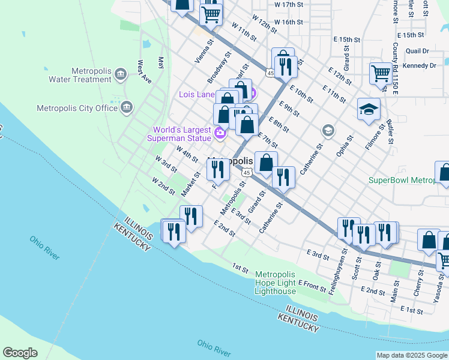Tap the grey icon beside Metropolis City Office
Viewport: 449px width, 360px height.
coord(127,107)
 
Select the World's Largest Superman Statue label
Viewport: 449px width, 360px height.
coord(181,134)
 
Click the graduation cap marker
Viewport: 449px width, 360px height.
coord(369,110)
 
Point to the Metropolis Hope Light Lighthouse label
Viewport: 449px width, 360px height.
coord(276,283)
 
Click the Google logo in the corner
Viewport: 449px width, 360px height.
coord(20,353)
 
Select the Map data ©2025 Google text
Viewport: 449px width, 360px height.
coord(412,355)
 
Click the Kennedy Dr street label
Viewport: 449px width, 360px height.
coord(420,65)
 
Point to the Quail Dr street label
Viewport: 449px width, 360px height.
coord(417,52)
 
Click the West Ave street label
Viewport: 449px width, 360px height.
coord(144,71)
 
